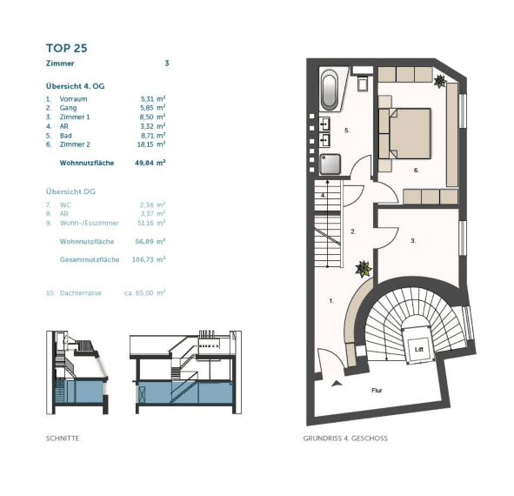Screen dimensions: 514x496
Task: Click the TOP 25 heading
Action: pos(67,48)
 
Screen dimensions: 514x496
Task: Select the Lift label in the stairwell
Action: pos(419,349)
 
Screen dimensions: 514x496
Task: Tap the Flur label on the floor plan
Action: pos(377,391)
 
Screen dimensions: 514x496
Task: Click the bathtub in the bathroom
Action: pos(330,90)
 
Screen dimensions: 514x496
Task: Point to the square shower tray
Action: pos(330,164)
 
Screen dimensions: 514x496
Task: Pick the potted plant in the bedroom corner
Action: pos(439,81)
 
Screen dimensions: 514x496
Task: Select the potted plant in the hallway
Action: pos(364,269)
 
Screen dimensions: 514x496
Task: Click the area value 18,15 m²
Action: pos(151,144)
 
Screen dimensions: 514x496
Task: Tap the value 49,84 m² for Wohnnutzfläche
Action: pos(150,163)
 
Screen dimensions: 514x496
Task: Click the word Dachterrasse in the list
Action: pos(81,293)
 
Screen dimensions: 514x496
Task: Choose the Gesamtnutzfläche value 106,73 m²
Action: pos(149,259)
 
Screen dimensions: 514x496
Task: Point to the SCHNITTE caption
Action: pos(63,439)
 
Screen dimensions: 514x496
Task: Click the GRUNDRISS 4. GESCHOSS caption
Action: pos(345,439)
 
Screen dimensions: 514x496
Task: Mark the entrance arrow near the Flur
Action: pos(337,383)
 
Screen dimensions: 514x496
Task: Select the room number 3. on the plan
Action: pos(413,241)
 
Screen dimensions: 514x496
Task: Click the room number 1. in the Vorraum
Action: pos(331,301)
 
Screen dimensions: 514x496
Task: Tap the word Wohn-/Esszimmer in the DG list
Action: pos(90,223)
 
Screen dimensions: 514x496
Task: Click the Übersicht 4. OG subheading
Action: pos(76,86)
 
